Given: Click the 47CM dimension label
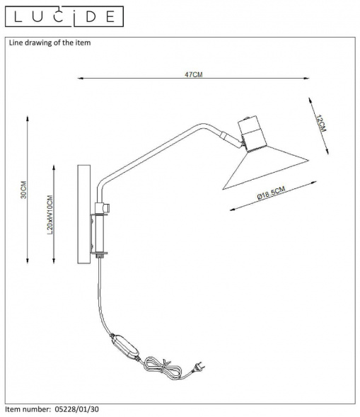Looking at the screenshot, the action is tap(193, 75).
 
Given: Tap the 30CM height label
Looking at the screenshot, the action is tap(24, 190).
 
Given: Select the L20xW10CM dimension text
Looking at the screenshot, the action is tap(50, 215).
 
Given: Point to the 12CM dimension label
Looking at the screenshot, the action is tap(321, 123).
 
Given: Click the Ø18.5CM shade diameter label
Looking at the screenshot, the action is tap(271, 193).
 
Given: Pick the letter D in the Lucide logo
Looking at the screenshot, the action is tap(91, 16).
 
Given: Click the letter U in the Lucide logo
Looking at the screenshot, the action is tap(38, 16).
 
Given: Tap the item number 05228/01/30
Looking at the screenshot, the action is tap(76, 409).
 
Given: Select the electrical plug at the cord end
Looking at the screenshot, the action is tap(198, 367).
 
